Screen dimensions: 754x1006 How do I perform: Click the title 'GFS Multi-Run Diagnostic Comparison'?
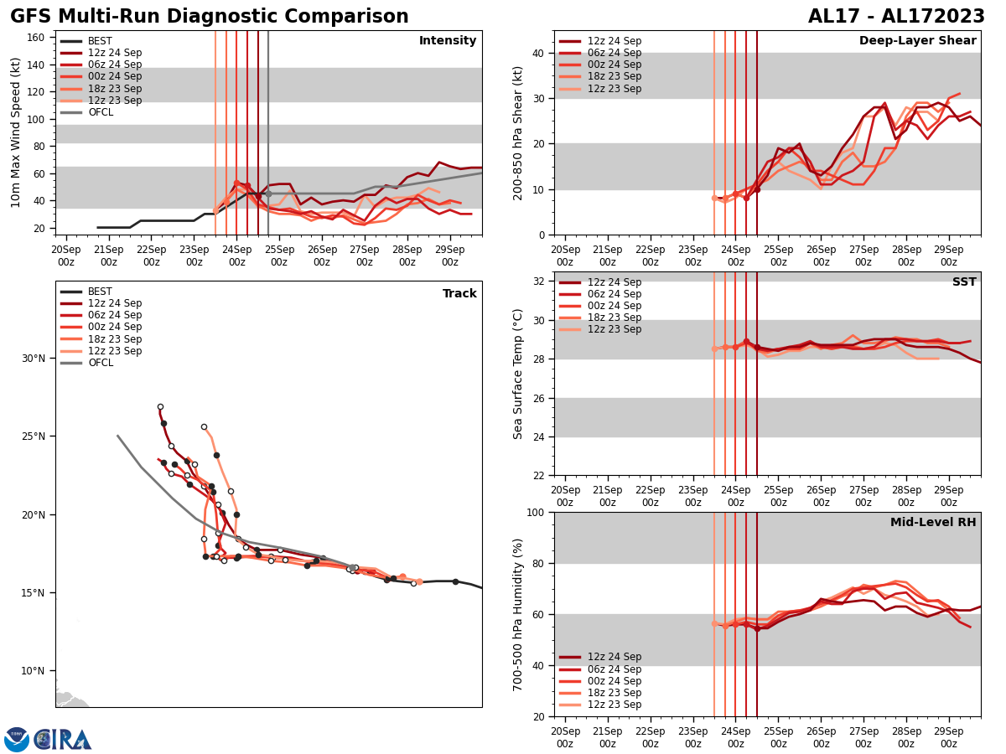209,17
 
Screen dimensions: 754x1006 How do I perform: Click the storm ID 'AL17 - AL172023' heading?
896,17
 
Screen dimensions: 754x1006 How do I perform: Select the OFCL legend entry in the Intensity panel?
101,112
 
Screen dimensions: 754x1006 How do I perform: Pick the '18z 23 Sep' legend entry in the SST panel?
614,318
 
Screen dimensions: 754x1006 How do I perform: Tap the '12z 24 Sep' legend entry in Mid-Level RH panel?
614,657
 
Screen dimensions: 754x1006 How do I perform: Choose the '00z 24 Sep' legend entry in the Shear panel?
614,65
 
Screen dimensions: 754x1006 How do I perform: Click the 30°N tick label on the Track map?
34,359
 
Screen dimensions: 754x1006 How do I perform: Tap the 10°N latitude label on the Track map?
34,671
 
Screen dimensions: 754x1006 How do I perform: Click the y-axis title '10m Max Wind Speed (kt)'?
16,132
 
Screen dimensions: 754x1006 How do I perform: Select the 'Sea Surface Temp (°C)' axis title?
518,374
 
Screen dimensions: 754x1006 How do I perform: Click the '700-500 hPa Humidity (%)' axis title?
518,614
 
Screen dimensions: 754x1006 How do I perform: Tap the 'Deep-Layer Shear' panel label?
917,41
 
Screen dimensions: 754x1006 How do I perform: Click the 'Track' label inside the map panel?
459,294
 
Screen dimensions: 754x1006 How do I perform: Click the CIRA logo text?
63,740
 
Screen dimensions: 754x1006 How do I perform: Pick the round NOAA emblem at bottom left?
17,740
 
